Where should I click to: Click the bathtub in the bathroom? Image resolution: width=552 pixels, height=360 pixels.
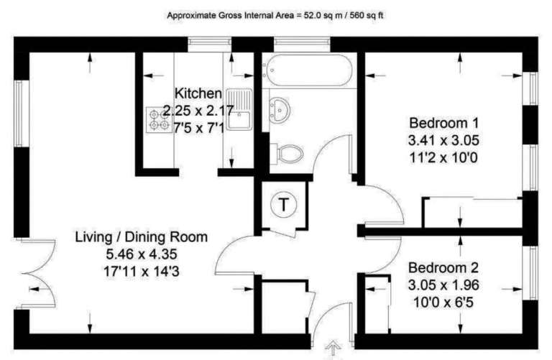tap(308, 70)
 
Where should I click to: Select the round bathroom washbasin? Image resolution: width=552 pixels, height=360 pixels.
tap(279, 110)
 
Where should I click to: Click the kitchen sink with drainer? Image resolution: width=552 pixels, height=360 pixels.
tap(239, 109)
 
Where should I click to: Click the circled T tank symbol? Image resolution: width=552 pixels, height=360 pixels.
tap(283, 204)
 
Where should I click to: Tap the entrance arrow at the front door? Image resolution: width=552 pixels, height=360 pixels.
tap(333, 349)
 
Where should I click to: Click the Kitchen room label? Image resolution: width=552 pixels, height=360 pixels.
tap(198, 93)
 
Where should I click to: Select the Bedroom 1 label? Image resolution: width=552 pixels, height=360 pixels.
tap(444, 123)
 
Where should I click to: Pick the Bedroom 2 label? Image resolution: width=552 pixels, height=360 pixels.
tap(443, 268)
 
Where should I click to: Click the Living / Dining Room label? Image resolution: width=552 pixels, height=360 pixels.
tap(142, 237)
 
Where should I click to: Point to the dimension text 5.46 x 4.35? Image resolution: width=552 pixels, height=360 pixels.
tap(142, 254)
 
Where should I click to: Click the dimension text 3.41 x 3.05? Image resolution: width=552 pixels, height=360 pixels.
tap(443, 140)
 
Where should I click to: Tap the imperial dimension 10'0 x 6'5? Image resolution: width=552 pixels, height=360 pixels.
tap(443, 303)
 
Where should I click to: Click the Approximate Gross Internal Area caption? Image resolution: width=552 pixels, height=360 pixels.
tap(275, 16)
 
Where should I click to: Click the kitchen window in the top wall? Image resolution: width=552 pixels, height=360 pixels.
tap(209, 42)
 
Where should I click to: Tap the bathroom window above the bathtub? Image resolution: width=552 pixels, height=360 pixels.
tap(302, 42)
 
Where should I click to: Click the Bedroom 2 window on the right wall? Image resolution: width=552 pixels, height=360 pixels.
tap(533, 273)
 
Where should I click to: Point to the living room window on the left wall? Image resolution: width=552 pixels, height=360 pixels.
tap(19, 114)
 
